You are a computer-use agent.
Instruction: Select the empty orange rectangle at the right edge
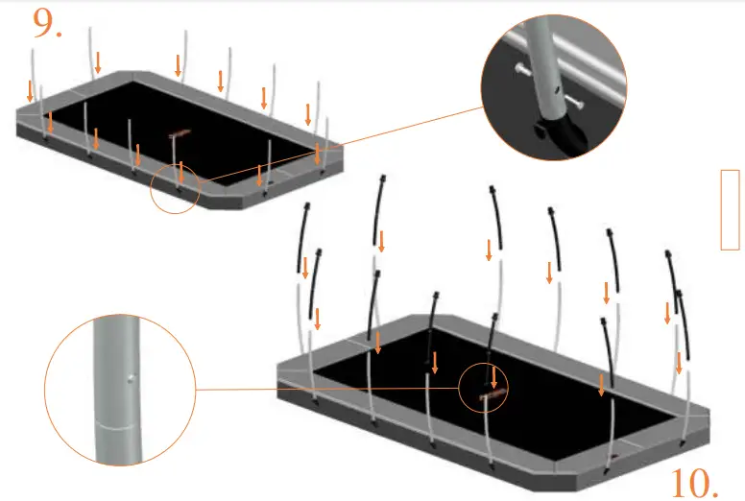coord(730,209)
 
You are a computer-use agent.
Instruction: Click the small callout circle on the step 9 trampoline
coord(175,186)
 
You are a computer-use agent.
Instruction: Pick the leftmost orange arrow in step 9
coord(31,91)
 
